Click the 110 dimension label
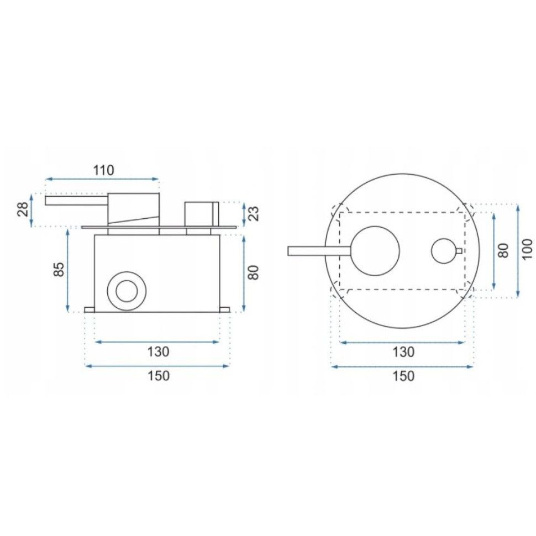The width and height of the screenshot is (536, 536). click(104, 170)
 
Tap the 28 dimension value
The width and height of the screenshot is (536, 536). click(23, 209)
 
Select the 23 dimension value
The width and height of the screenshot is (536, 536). click(253, 214)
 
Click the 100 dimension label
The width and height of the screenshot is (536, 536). click(528, 249)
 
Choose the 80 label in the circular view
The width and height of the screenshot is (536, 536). click(503, 250)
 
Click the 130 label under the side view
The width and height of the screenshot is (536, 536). click(158, 351)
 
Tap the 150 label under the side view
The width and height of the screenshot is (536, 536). click(158, 375)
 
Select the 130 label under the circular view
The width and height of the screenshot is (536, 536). click(404, 351)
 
